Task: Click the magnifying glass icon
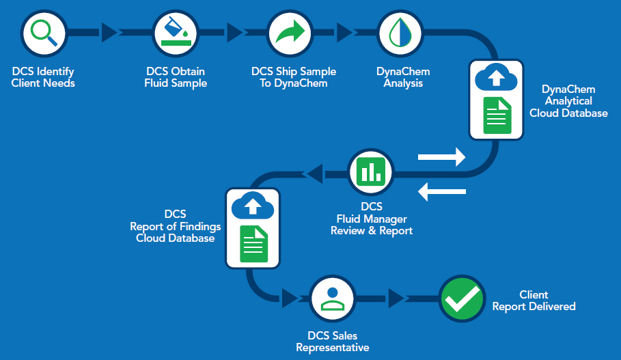coord(44,32)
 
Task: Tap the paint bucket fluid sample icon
coord(176,32)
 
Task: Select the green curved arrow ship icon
coord(290,32)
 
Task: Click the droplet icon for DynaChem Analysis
coord(400,32)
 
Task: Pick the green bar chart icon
coord(372,171)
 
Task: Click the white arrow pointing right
coord(441,157)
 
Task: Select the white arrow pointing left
coord(441,192)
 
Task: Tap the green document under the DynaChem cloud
coord(497,115)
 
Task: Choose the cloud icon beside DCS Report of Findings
coord(253,206)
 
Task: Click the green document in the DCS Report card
coord(253,244)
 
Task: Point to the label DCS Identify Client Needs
coord(44,77)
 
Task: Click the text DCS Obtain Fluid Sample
coord(176,77)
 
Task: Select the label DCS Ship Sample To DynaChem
coord(294,77)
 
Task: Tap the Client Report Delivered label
coord(534,301)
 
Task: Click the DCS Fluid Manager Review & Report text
coord(372,219)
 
